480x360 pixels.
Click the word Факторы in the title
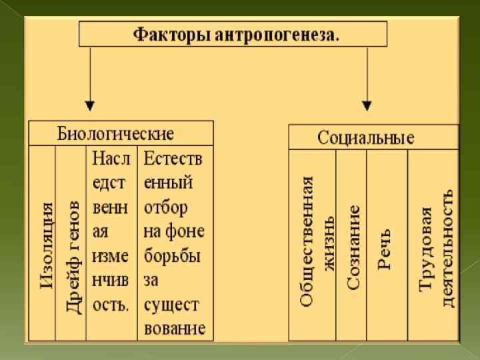click(x=171, y=33)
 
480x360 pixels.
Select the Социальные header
click(x=365, y=138)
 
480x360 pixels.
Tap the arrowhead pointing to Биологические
click(x=90, y=105)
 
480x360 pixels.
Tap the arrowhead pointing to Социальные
click(x=366, y=105)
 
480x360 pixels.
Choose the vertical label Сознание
click(x=353, y=247)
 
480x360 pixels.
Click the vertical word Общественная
click(x=305, y=241)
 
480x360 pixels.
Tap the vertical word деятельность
click(x=447, y=247)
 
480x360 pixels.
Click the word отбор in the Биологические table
click(x=165, y=206)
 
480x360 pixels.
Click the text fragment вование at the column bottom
click(x=174, y=329)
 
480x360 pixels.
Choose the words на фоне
click(x=173, y=231)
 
